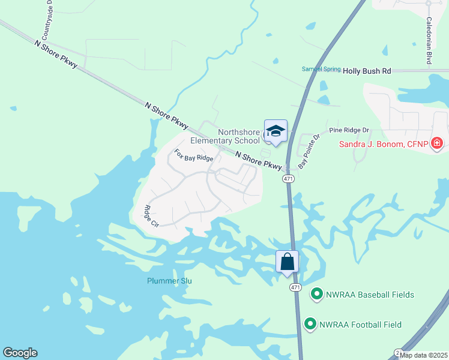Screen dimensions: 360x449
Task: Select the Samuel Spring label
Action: coord(321,69)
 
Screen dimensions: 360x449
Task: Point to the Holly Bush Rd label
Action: coord(367,71)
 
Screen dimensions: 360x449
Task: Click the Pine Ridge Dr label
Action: coord(349,130)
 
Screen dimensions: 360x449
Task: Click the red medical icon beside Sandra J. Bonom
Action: coord(437,143)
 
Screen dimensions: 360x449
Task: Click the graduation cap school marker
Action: coord(276,131)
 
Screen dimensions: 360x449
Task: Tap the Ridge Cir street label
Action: coord(151,216)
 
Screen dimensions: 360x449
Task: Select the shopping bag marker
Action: coord(288,262)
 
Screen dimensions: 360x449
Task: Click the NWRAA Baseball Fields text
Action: coord(370,295)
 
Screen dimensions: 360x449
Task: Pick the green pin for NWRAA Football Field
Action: coord(310,325)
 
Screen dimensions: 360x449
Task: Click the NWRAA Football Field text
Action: coord(362,325)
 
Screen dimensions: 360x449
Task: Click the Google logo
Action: coord(20,353)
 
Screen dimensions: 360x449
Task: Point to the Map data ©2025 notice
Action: coord(423,355)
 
